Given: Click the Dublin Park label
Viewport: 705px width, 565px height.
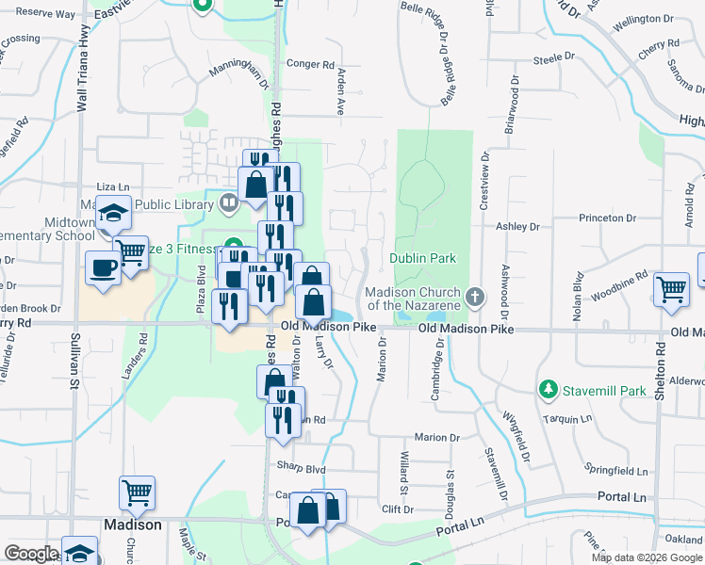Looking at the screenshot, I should pos(417,258).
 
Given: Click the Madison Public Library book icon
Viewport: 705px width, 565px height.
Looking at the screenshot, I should pos(228,202).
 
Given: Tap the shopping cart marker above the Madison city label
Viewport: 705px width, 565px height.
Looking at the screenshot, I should pos(137,493).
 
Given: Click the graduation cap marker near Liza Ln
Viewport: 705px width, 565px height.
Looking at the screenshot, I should pos(113,216).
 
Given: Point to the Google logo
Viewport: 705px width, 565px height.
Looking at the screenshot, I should pos(31,553).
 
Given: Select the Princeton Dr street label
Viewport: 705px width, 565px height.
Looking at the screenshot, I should pos(606,218).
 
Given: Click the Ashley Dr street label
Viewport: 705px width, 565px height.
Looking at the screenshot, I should pos(517,226).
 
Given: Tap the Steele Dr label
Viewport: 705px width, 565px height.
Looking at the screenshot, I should pos(553,58).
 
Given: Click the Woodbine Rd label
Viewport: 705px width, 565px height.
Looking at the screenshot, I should pos(619,286).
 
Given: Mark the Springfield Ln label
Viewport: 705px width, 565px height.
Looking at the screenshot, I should pos(616,470).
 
